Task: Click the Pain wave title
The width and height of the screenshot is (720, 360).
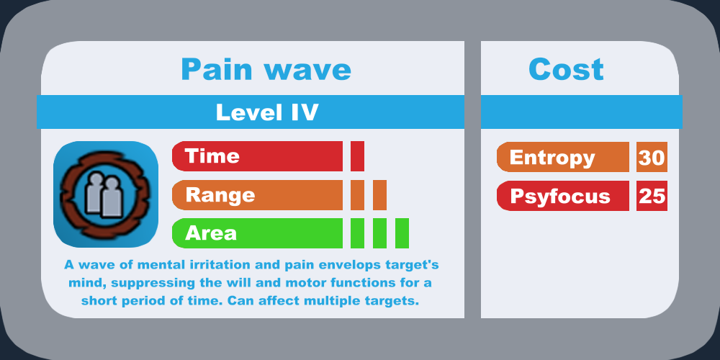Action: click(266, 70)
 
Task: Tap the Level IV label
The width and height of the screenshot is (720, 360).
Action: click(267, 112)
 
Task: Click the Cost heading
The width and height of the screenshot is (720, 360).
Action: click(566, 70)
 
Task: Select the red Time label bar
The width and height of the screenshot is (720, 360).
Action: click(257, 156)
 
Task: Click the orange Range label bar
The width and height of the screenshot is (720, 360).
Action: click(257, 195)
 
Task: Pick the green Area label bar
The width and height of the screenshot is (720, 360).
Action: click(257, 233)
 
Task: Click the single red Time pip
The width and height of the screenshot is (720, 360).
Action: click(357, 156)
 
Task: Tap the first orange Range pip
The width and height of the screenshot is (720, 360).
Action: click(357, 195)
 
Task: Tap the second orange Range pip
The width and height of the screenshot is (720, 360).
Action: click(379, 195)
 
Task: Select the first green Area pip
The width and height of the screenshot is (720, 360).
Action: click(357, 233)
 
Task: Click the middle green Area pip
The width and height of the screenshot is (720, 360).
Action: click(379, 233)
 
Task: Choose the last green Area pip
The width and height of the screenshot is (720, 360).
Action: click(402, 233)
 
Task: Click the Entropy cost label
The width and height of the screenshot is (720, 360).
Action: click(563, 157)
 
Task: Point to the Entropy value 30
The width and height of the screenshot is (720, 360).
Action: click(652, 157)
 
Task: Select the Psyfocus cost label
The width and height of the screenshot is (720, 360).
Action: click(563, 196)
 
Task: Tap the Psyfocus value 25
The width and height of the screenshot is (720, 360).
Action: click(652, 196)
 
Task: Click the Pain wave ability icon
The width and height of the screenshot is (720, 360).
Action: click(106, 194)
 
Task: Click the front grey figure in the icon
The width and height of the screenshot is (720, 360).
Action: click(112, 197)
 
